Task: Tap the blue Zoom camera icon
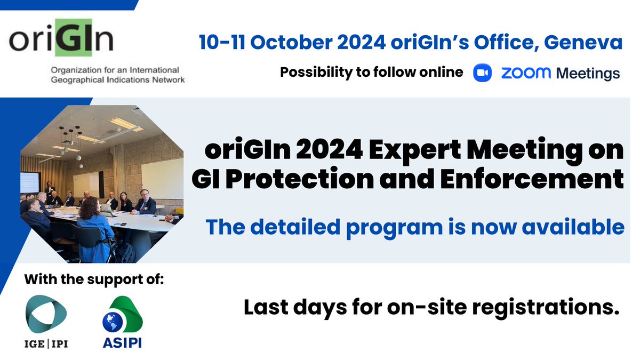pos(483,73)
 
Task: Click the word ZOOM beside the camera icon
pos(525,73)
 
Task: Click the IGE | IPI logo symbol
pos(46,315)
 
